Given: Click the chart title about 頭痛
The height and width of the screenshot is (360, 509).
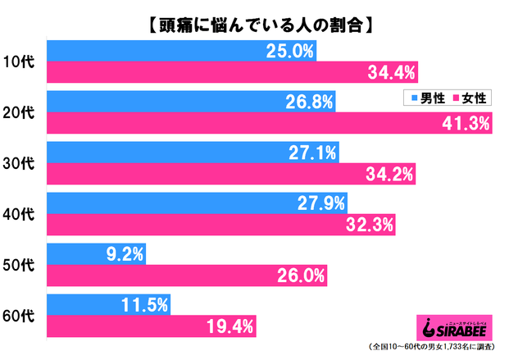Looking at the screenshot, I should pos(254,22).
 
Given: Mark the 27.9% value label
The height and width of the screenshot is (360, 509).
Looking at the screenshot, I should pos(321,203).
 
